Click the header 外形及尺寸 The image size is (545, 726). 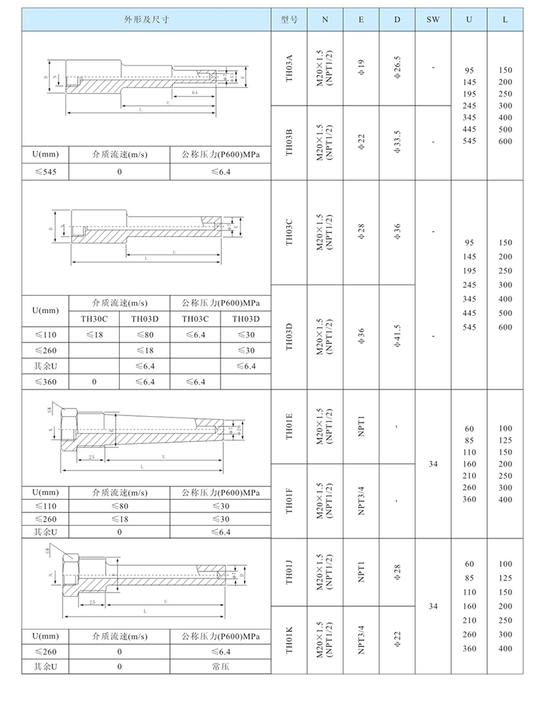(146, 20)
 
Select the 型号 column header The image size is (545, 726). (289, 20)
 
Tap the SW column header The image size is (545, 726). (433, 20)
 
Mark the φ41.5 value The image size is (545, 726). (397, 336)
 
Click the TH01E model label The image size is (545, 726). (289, 427)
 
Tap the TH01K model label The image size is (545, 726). (289, 640)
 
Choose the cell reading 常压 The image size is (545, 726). (221, 667)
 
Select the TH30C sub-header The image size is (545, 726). (95, 318)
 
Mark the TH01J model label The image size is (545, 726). (289, 570)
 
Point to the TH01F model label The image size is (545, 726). (289, 499)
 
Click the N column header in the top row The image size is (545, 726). (325, 20)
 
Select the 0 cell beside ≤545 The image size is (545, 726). (119, 172)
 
